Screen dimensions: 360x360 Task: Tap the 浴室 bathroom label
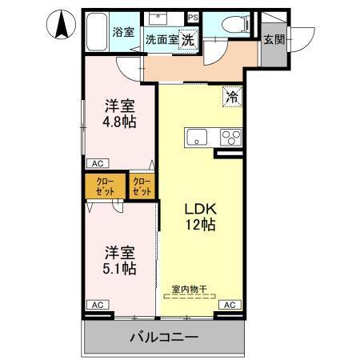click(x=122, y=32)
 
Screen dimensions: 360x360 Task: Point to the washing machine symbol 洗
click(x=187, y=39)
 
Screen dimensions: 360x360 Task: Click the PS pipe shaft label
click(x=192, y=17)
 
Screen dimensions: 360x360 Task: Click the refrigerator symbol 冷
click(x=232, y=97)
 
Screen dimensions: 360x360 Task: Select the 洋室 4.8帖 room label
click(x=118, y=115)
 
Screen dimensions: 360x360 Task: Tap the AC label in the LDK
click(x=228, y=305)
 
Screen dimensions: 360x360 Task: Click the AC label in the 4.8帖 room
click(x=97, y=163)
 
